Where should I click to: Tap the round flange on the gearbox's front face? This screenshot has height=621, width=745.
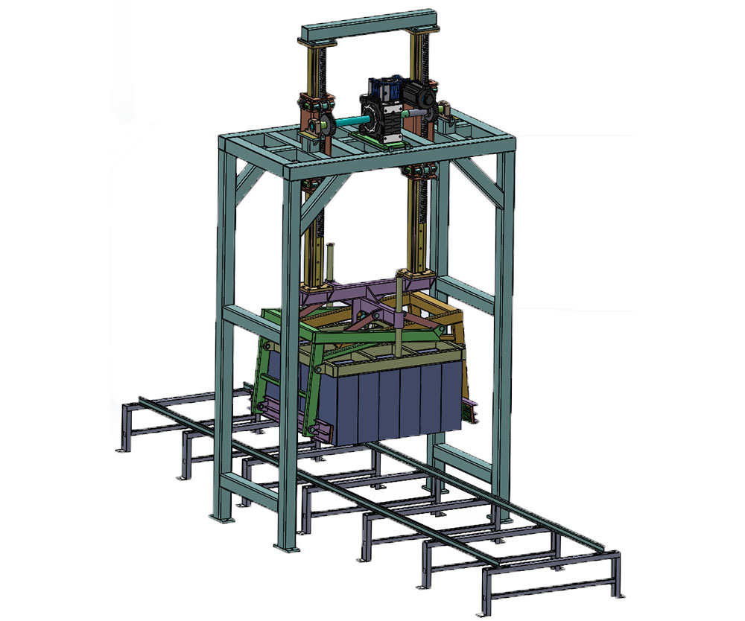pyautogui.click(x=370, y=116)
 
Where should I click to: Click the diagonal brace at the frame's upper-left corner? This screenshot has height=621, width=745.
pyautogui.click(x=250, y=178)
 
